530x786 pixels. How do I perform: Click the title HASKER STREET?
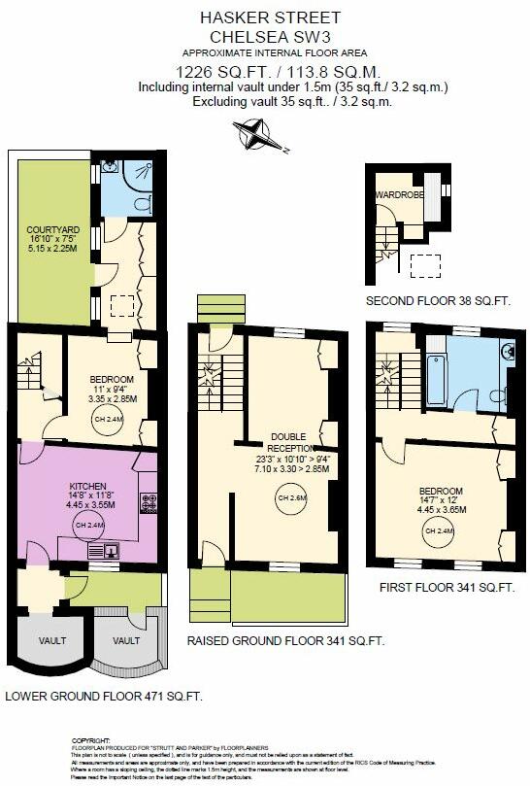[x=264, y=17]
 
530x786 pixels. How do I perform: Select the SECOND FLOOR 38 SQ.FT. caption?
[x=438, y=301]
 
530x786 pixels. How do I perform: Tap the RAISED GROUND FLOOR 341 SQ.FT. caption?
[x=285, y=640]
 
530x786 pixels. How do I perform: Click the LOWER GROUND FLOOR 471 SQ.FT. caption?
[x=103, y=696]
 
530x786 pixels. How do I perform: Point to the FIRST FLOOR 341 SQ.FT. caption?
[x=447, y=588]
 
